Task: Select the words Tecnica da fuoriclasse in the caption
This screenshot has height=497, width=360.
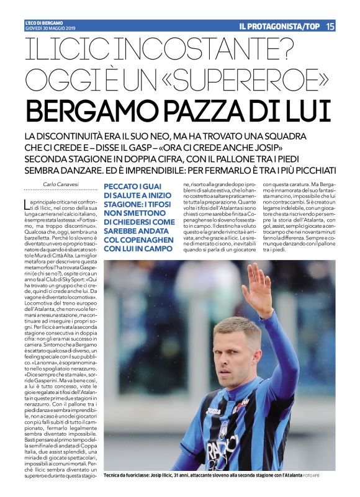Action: point(128,475)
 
